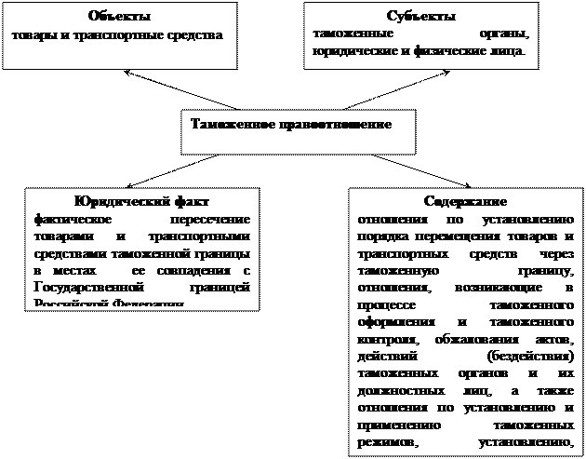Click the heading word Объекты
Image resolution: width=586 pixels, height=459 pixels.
[120, 18]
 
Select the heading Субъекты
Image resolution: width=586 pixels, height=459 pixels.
[420, 18]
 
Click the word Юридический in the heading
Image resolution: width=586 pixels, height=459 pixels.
[108, 202]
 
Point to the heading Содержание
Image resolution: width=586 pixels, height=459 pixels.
[465, 202]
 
